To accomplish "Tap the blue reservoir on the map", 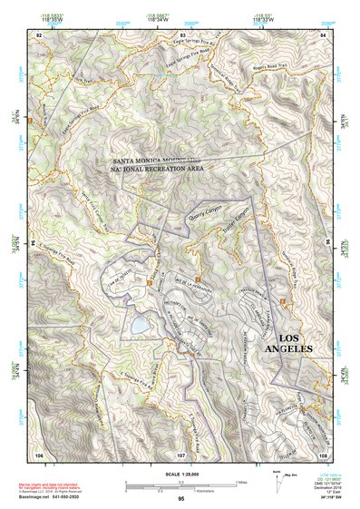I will coord(141,323).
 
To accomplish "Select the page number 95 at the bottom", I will coord(181,498).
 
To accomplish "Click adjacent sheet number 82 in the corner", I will coord(39,34).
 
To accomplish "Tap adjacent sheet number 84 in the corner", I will coord(324,34).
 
